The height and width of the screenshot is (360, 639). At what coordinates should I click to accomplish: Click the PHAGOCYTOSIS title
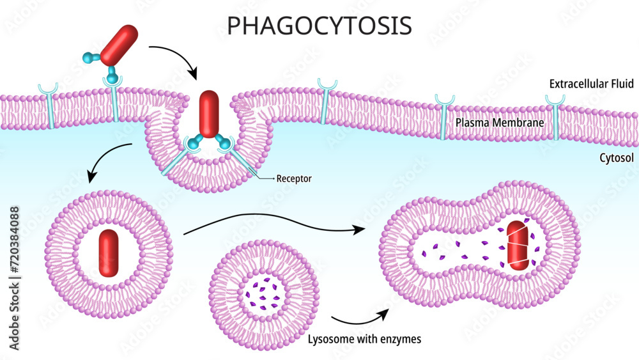click(319, 25)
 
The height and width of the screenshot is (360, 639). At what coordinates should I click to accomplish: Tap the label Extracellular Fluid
click(590, 84)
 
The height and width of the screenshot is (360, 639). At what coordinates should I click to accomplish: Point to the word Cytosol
click(615, 157)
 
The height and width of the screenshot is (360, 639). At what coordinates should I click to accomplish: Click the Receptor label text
click(294, 178)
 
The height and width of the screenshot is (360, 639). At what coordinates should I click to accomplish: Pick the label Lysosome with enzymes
click(364, 338)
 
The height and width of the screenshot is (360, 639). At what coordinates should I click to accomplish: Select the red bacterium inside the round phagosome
click(109, 253)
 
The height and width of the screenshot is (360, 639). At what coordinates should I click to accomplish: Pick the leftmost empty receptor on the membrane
click(48, 105)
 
